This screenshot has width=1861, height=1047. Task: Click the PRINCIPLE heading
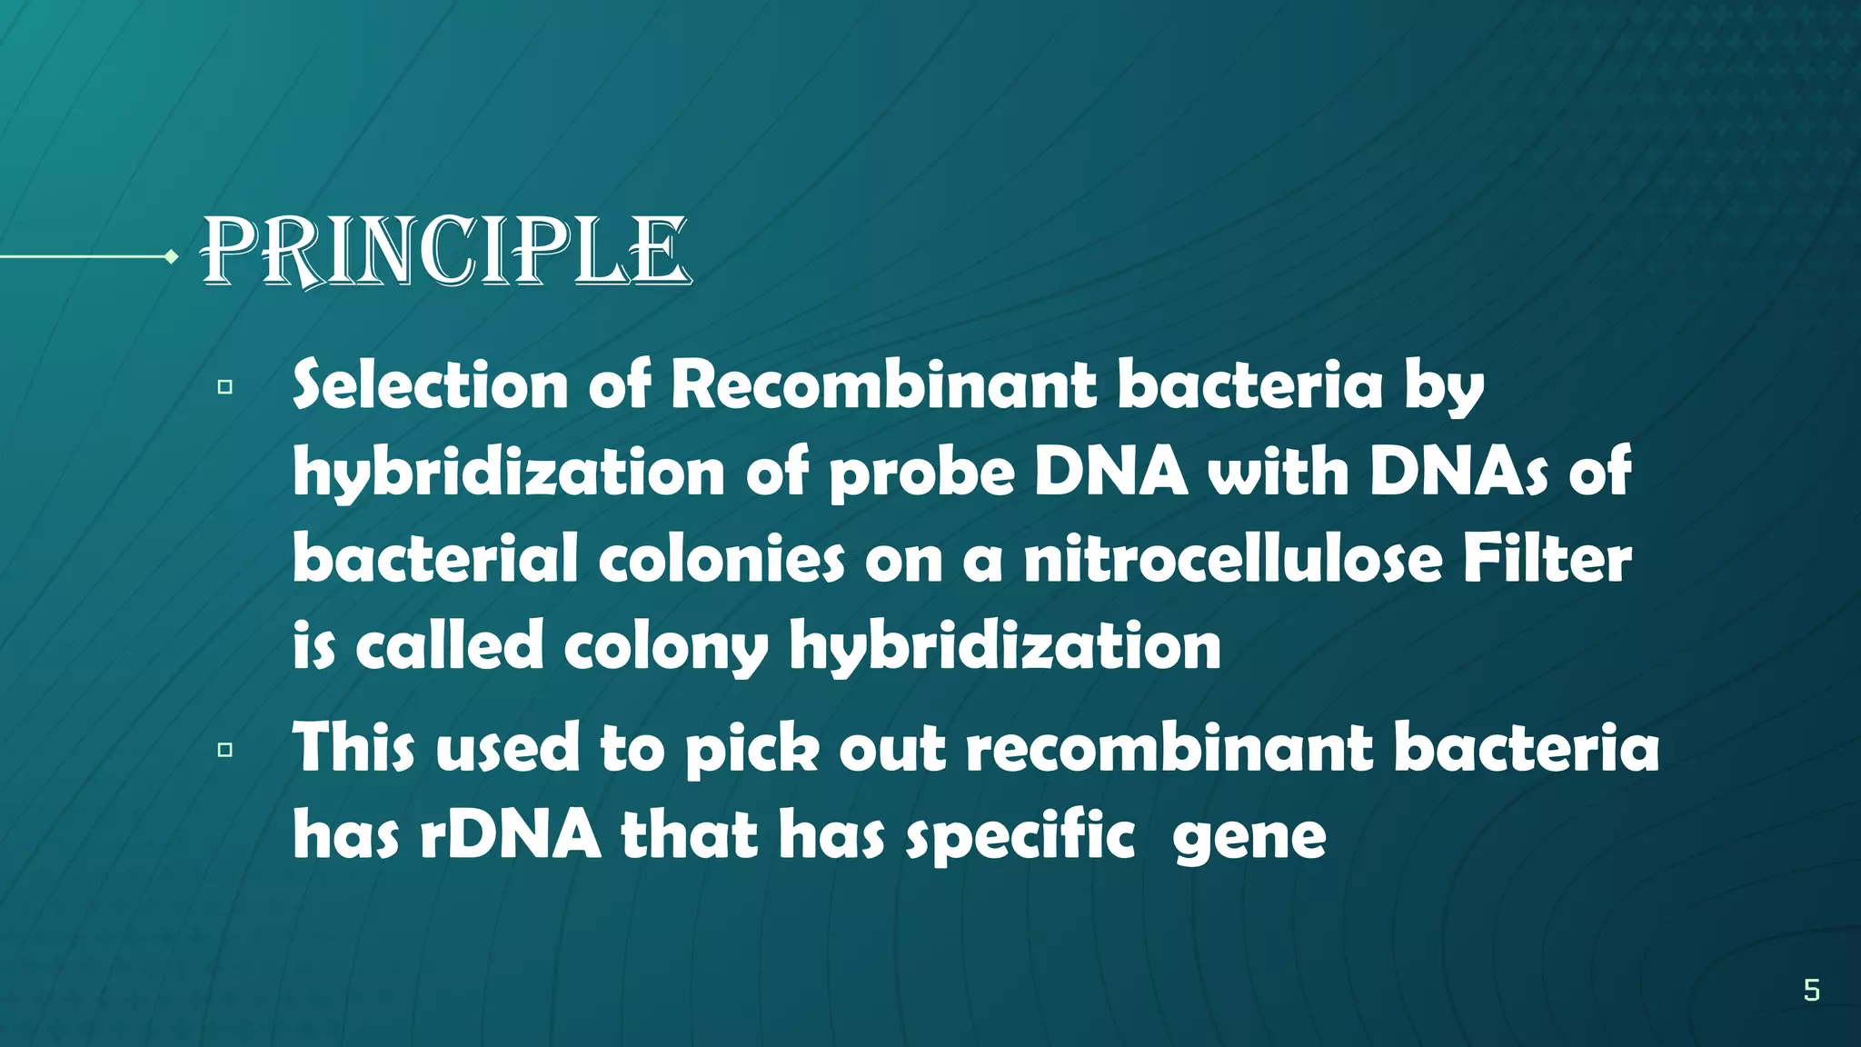click(445, 252)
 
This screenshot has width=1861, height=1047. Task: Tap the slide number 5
click(1811, 990)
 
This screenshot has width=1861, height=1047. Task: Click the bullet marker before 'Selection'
click(225, 387)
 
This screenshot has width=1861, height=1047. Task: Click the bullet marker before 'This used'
click(225, 750)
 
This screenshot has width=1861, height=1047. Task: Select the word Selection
click(430, 385)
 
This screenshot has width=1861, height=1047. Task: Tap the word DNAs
click(1458, 473)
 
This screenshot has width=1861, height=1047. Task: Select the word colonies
click(722, 559)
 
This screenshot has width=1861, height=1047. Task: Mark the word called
click(449, 646)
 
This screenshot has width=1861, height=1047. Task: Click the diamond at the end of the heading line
click(171, 257)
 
